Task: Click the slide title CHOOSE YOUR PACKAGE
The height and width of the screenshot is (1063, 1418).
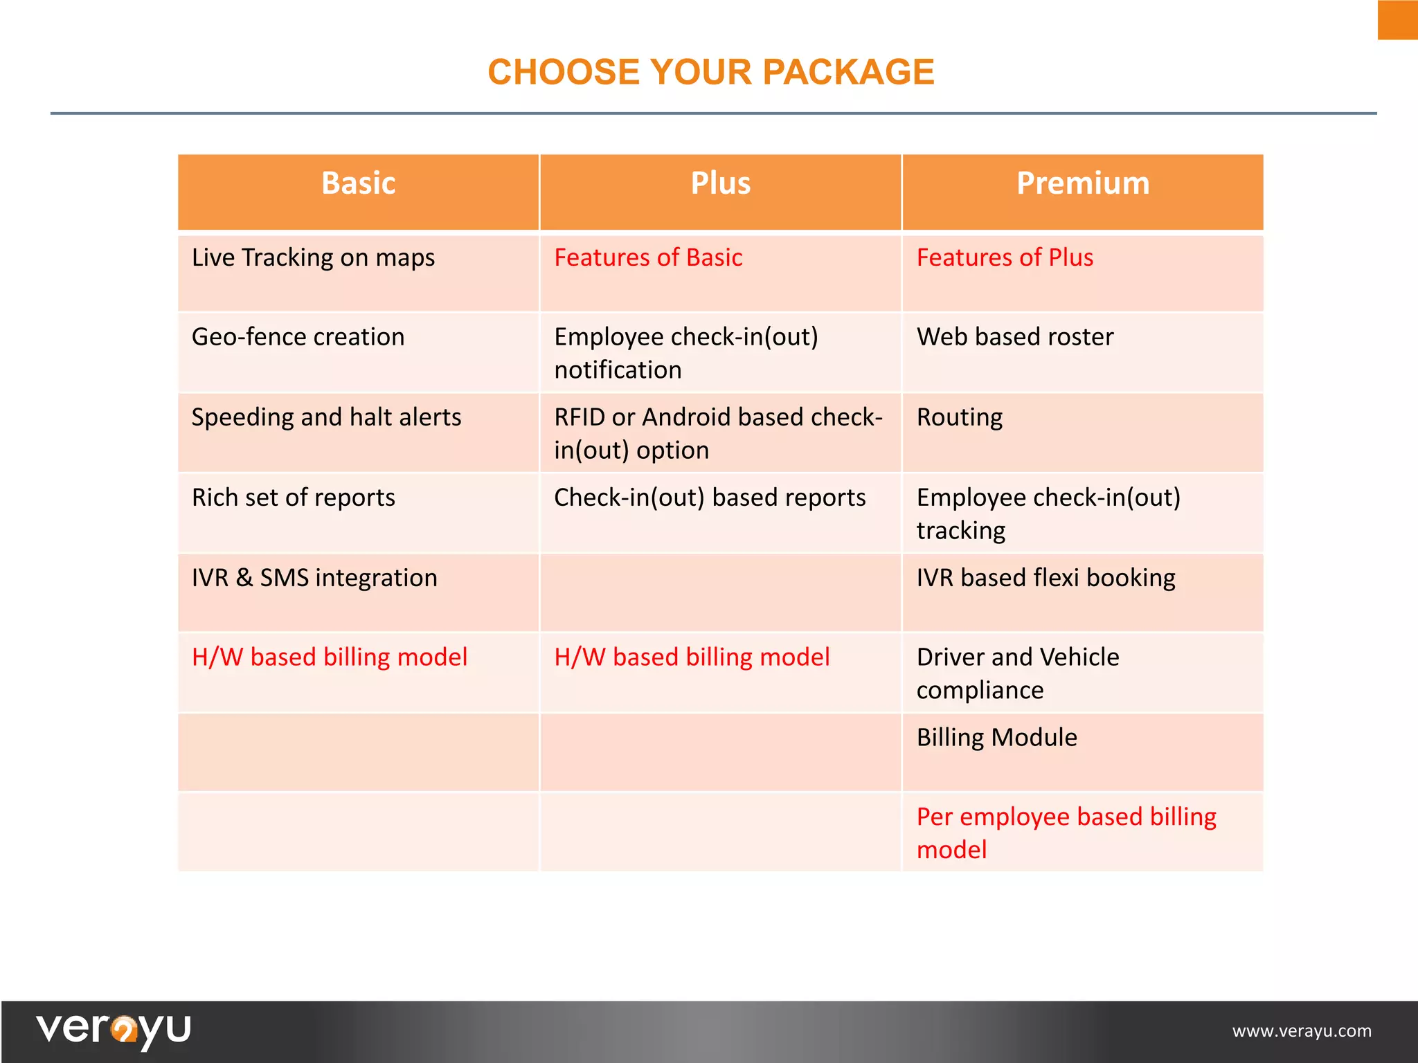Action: pos(710,72)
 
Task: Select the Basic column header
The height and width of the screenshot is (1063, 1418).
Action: pos(358,184)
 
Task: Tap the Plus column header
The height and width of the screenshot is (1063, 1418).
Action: pos(720,184)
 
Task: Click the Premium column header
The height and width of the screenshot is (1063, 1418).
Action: pos(1082,184)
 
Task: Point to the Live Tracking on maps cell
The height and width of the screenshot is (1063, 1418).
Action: pos(313,258)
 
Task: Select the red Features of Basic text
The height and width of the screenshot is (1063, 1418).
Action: pos(648,258)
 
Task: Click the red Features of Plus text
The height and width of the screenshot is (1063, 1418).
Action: pos(1005,258)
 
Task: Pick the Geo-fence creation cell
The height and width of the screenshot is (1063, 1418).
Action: pos(298,337)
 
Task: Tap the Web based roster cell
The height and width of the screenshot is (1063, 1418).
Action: pos(1015,337)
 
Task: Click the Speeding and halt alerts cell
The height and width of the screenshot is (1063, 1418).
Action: pos(326,417)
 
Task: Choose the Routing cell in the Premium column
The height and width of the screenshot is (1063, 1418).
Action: pos(960,417)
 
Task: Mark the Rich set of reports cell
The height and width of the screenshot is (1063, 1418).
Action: pos(294,498)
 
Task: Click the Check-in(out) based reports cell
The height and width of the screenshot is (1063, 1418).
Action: pos(710,498)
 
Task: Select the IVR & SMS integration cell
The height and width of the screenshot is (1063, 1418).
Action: pos(314,578)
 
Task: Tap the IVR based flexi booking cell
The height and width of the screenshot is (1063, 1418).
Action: pos(1045,578)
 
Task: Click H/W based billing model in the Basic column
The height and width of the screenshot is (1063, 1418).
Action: pos(330,657)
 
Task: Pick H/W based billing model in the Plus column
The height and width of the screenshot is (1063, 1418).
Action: pos(692,657)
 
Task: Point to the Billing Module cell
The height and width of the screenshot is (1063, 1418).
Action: pos(996,738)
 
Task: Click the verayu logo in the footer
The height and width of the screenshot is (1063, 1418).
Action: pos(114,1029)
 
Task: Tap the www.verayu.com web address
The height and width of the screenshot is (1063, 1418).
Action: pos(1301,1031)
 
